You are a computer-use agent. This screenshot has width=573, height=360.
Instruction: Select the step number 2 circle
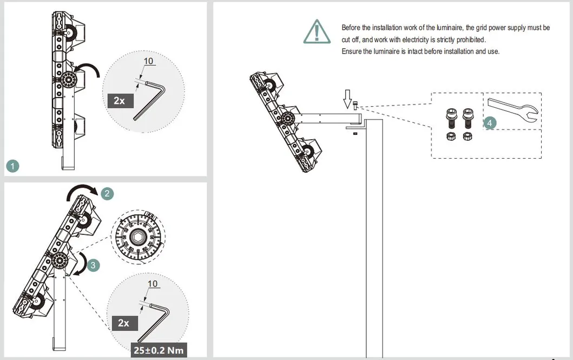(107, 193)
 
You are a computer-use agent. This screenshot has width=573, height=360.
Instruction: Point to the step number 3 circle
(93, 265)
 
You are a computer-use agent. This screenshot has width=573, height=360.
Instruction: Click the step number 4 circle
(490, 123)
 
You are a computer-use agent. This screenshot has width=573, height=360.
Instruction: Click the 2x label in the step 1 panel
(119, 100)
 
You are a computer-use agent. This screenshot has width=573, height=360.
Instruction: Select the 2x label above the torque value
(123, 323)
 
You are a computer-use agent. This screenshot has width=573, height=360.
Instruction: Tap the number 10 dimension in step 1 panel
(149, 61)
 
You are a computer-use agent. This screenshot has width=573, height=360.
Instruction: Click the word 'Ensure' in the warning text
(352, 51)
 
